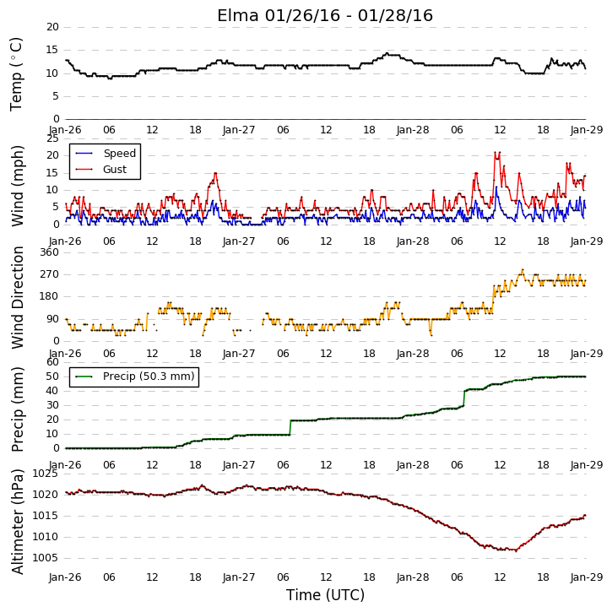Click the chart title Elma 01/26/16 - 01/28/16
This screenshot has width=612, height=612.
pyautogui.click(x=325, y=15)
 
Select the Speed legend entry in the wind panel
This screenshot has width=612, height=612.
pyautogui.click(x=119, y=154)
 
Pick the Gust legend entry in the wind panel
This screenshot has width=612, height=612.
pyautogui.click(x=115, y=170)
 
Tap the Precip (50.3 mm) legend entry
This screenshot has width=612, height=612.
pyautogui.click(x=149, y=376)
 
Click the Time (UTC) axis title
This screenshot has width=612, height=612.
pyautogui.click(x=325, y=595)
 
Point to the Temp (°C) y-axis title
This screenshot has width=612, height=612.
pyautogui.click(x=16, y=74)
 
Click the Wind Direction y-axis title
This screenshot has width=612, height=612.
pyautogui.click(x=18, y=297)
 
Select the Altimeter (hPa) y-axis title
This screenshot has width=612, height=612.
pyautogui.click(x=18, y=522)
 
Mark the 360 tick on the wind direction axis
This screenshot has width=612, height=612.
pyautogui.click(x=50, y=252)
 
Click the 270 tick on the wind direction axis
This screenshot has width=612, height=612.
pyautogui.click(x=50, y=274)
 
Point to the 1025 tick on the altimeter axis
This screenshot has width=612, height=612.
pyautogui.click(x=45, y=474)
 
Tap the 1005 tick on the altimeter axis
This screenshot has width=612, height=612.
pyautogui.click(x=45, y=558)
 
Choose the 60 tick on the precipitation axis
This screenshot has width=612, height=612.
pyautogui.click(x=52, y=362)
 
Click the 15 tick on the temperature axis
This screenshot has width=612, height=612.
pyautogui.click(x=52, y=50)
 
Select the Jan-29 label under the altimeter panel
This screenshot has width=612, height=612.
pyautogui.click(x=587, y=577)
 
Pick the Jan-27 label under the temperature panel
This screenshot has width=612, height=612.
pyautogui.click(x=239, y=130)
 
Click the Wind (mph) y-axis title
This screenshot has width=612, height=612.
pyautogui.click(x=18, y=186)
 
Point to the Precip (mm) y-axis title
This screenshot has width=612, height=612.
pyautogui.click(x=18, y=409)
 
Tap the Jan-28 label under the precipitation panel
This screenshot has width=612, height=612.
pyautogui.click(x=413, y=465)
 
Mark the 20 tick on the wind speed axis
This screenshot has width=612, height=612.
pyautogui.click(x=52, y=155)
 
